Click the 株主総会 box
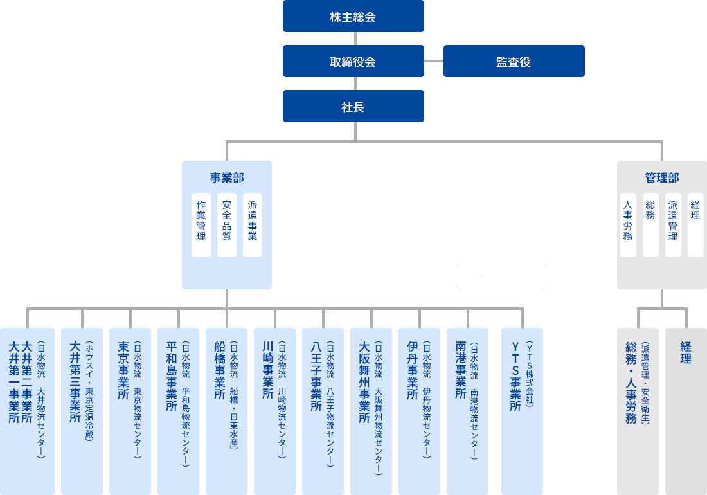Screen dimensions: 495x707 353,16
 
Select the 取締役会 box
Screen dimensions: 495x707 353,61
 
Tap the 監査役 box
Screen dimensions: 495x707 514,61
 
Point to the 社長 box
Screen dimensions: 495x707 353,106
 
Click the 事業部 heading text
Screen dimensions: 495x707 226,177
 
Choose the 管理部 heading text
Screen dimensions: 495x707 661,177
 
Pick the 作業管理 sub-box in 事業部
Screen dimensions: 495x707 201,224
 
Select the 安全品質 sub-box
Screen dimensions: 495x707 227,224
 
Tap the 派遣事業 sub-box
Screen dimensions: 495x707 253,224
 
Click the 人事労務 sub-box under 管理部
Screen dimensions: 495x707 628,224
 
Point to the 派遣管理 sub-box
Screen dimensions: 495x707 673,224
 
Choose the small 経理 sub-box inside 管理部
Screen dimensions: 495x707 695,224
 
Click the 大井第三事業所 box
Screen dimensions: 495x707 82,411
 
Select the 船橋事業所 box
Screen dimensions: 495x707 226,411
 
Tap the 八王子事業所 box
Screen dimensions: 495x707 323,411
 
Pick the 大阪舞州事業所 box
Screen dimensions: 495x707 371,411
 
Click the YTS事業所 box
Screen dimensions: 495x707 522,411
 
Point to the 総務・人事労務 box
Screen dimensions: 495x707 638,411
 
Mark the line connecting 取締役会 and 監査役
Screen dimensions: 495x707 434,61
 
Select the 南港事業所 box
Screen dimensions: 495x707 467,411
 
